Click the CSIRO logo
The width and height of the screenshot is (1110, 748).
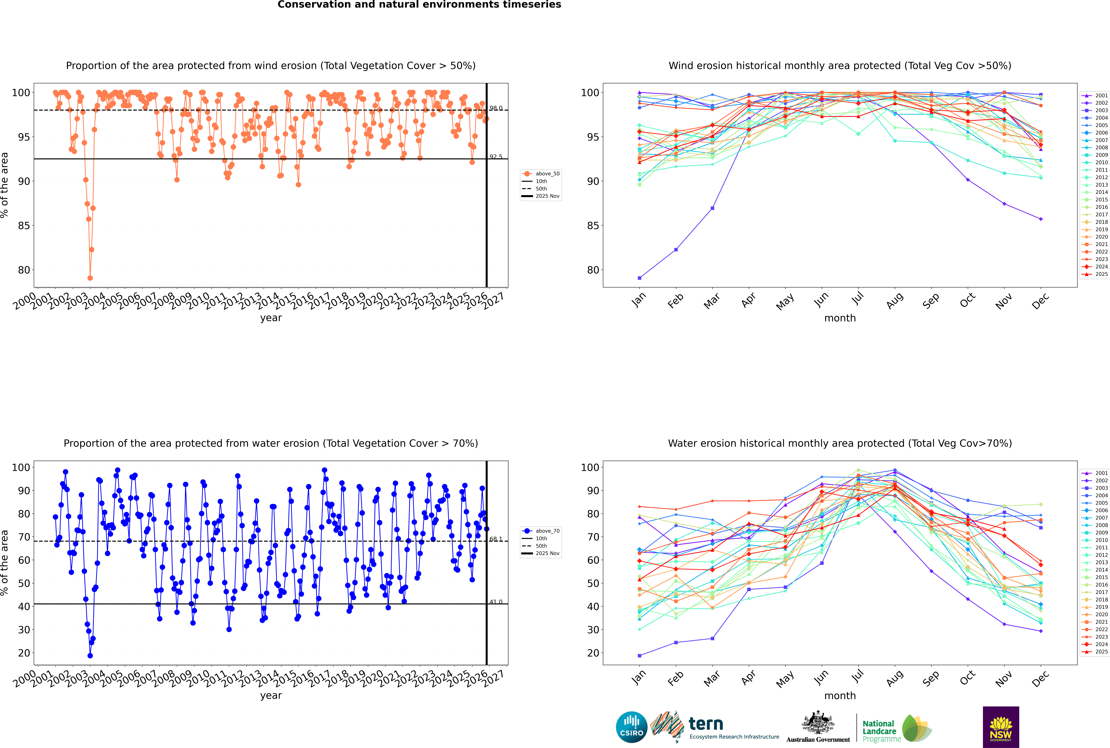coord(631,727)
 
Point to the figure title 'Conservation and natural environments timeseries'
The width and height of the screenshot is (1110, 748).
coord(419,5)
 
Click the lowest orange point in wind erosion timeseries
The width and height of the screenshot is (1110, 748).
coord(90,278)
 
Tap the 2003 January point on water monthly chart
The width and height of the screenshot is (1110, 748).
coord(639,655)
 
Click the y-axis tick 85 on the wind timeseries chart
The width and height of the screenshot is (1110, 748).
coord(24,226)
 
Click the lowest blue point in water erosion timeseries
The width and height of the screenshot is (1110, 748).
coord(90,655)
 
